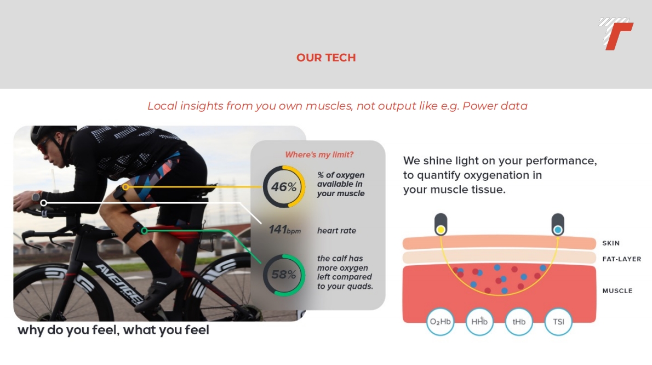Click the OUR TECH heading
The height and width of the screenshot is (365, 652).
[326, 58]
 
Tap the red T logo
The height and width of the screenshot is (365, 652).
[616, 34]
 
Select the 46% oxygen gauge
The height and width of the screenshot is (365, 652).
[284, 187]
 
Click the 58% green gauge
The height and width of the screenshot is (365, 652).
[284, 275]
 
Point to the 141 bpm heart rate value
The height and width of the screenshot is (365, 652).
[284, 230]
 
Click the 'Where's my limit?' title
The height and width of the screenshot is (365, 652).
[319, 155]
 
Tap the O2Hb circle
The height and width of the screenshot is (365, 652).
[440, 322]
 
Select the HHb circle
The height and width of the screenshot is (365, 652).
[479, 322]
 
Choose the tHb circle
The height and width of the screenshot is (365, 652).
[518, 322]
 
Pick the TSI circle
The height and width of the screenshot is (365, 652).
[558, 322]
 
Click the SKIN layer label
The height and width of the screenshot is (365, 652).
[611, 243]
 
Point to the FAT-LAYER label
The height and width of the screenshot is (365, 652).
[622, 259]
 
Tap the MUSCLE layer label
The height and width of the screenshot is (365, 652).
[617, 291]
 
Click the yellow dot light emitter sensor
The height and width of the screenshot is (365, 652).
[441, 225]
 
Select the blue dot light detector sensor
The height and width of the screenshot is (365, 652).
[558, 225]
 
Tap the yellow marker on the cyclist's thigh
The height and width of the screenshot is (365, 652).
[125, 187]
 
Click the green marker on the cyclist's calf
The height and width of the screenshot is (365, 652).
[144, 230]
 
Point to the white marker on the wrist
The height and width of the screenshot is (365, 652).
[44, 203]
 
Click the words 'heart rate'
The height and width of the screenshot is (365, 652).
[336, 231]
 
